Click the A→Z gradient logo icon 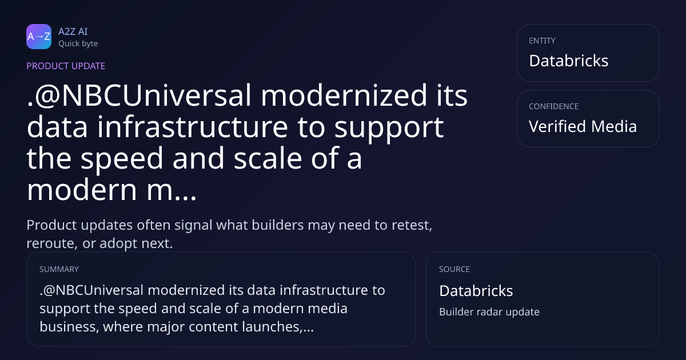[39, 37]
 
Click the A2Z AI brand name [73, 31]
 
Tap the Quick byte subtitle [78, 44]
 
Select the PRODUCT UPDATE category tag [66, 66]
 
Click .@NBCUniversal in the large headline [139, 95]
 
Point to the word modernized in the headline [344, 95]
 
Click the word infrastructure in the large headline [193, 127]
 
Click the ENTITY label [542, 41]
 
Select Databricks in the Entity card [569, 61]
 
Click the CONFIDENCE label [554, 106]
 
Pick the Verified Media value [583, 126]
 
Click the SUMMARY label [59, 269]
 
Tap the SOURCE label [454, 269]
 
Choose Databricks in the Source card [476, 291]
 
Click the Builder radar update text [489, 312]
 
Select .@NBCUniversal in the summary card [91, 290]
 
